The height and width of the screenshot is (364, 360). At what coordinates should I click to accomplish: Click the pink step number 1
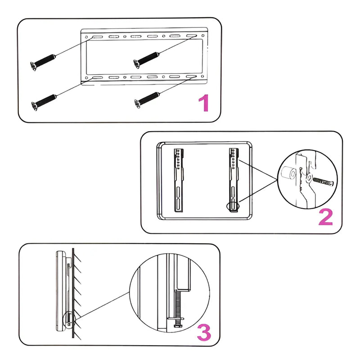click(x=204, y=103)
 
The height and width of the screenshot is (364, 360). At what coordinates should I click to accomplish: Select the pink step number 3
click(x=204, y=332)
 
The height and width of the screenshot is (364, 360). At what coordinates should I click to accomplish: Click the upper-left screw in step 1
click(x=43, y=62)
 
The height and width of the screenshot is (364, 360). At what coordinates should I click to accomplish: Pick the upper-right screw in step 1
click(x=146, y=60)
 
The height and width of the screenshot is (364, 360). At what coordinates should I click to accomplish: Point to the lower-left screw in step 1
click(x=44, y=102)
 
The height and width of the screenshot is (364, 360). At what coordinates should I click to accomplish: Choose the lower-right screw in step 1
click(x=147, y=100)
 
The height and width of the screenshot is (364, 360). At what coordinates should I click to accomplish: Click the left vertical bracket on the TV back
click(x=179, y=180)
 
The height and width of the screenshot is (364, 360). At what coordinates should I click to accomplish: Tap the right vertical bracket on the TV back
click(x=234, y=180)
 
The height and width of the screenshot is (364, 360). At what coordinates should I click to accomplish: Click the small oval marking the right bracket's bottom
click(x=233, y=206)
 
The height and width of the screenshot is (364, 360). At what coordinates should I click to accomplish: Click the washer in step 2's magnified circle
click(x=309, y=178)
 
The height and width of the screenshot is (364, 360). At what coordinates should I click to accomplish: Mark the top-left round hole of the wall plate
click(x=86, y=37)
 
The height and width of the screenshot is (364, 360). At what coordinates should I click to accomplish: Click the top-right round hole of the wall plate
click(x=203, y=36)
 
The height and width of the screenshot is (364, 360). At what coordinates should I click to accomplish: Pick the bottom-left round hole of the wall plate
click(x=86, y=78)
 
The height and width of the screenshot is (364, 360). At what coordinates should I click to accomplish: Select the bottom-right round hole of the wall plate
click(x=202, y=76)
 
